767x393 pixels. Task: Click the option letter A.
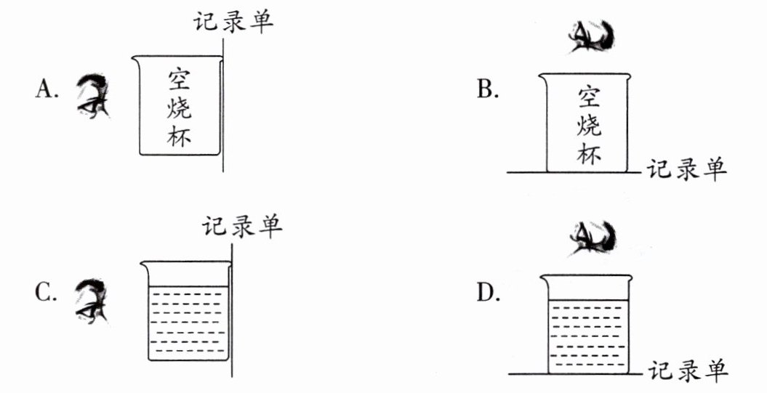45,89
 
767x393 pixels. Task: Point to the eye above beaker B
593,38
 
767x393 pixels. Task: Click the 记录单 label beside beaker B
686,170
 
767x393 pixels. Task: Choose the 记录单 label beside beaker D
687,371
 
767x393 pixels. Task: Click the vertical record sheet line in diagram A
223,109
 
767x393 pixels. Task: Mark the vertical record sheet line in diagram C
233,312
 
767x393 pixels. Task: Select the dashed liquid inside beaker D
585,334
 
